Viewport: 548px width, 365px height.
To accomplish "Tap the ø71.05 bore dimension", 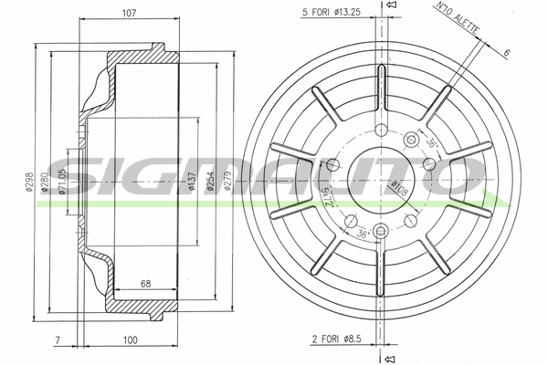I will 62,182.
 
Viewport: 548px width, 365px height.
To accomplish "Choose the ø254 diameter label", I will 211,183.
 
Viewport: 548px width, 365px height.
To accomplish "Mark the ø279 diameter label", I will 229,183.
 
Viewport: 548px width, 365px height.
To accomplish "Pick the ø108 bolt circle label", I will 399,190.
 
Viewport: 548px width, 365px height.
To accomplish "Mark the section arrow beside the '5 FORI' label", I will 389,7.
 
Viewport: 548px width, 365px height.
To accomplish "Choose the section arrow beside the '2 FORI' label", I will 389,358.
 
